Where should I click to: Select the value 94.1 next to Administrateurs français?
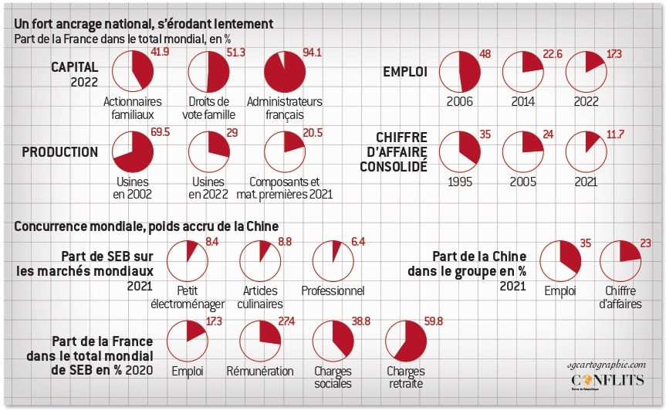coord(313,53)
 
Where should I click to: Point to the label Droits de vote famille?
coord(208,108)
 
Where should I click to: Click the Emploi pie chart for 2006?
coord(460,73)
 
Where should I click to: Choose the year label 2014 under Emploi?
coord(522,101)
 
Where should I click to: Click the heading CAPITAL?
coord(75,68)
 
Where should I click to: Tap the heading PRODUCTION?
coord(60,152)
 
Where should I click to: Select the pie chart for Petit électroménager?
coord(187,261)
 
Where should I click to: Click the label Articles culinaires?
coord(260,298)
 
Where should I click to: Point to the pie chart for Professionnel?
coord(333,261)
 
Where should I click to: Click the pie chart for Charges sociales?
coord(333,341)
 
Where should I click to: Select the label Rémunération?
coord(260,372)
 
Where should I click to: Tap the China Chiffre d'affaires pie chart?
coord(620,261)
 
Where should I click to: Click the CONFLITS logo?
coord(606,382)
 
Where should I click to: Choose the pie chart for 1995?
coord(460,151)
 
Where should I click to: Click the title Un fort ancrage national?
coord(144,25)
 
